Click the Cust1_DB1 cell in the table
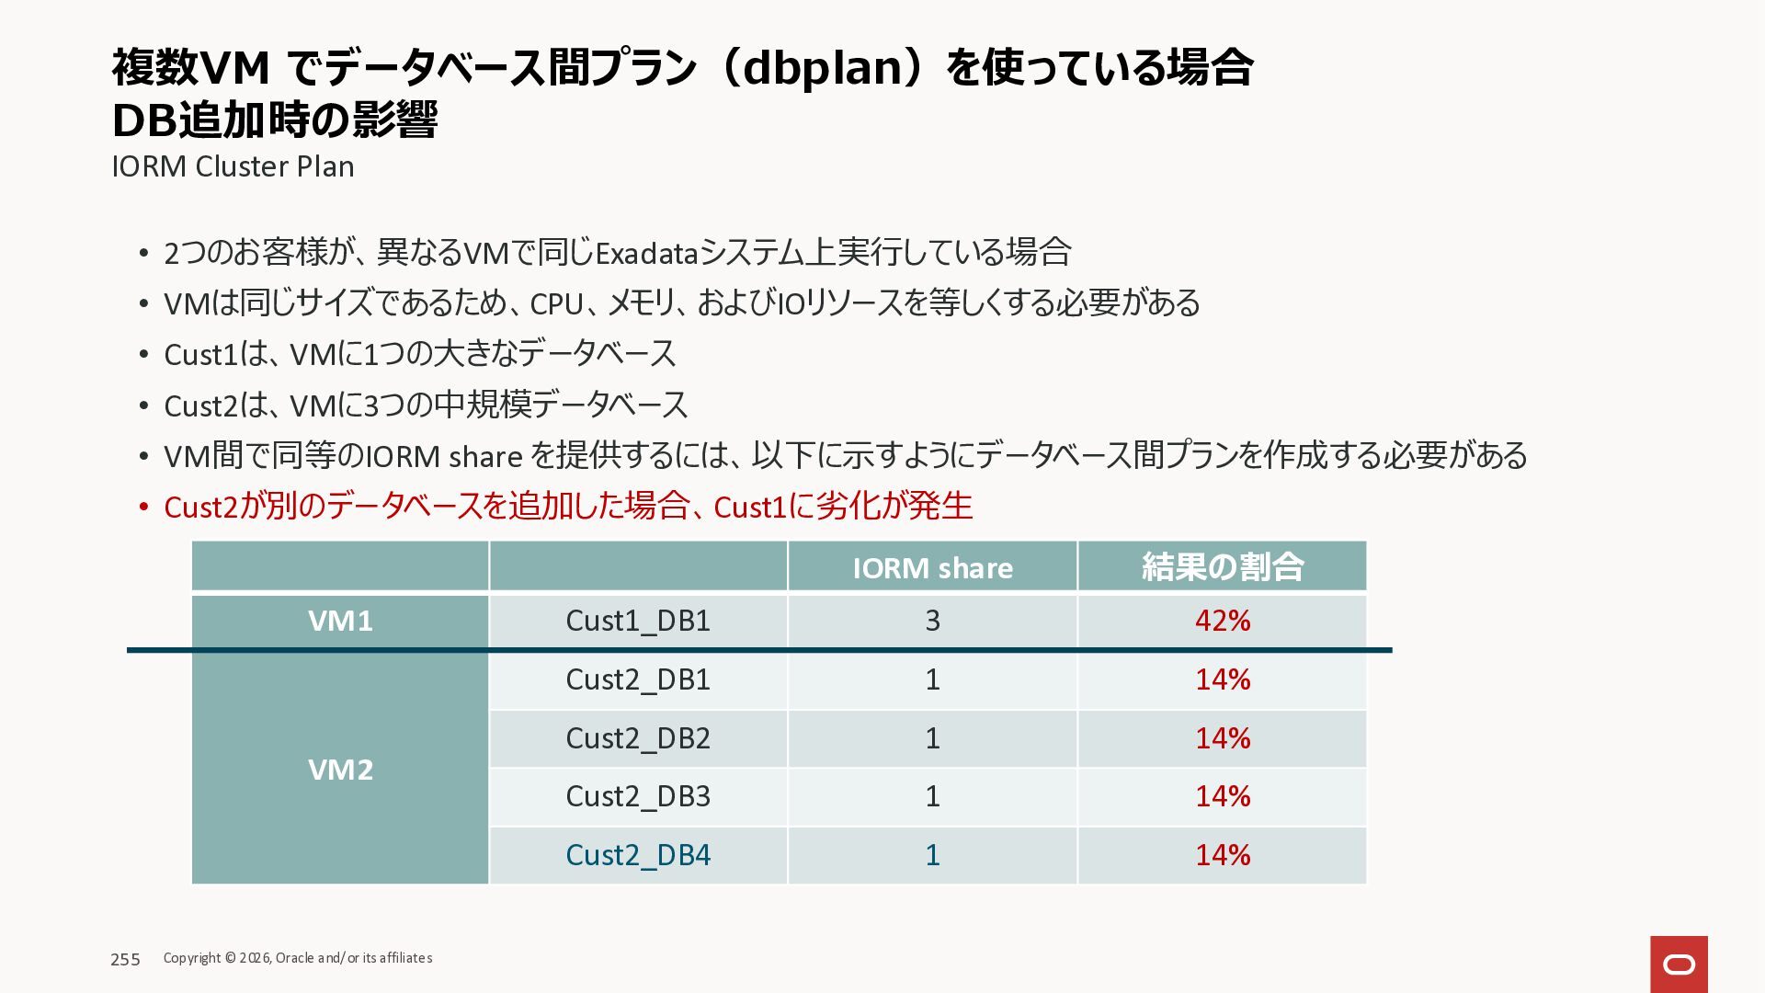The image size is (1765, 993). coord(638,621)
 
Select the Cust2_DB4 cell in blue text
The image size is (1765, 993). coord(638,855)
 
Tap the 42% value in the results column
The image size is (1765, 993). coord(1222,621)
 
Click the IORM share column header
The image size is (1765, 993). coord(932,567)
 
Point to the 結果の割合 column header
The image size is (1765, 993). coord(1222,566)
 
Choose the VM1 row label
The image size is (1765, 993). coord(340,621)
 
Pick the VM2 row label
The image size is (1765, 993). coord(340,769)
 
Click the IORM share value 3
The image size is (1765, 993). coord(932,621)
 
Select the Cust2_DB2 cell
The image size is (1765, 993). coord(638,738)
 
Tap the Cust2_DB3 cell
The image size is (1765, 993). coord(638,796)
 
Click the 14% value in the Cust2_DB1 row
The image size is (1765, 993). coord(1222,679)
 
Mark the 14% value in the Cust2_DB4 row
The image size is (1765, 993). coord(1222,855)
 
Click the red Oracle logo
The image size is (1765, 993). coord(1679,964)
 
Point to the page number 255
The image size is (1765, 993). coord(125,959)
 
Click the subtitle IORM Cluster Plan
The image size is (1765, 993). coord(233,166)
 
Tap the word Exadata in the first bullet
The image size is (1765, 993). coord(647,253)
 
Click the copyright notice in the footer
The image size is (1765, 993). coord(298,958)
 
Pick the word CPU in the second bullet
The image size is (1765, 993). coord(555,303)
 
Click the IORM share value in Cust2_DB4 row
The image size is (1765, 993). coord(932,855)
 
